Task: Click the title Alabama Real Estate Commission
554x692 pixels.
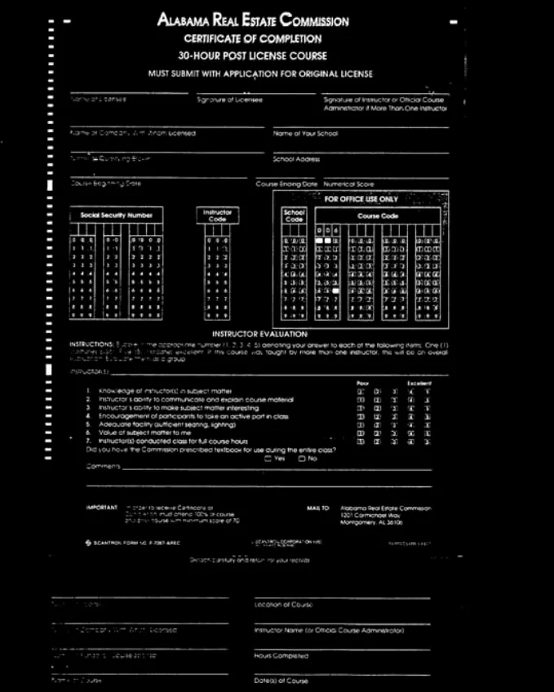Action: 253,20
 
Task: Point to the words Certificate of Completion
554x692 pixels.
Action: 253,38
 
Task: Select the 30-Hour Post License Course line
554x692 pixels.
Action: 253,55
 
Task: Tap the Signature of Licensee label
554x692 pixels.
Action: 229,100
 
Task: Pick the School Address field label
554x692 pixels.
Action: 296,159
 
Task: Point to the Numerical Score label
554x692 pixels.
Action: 348,184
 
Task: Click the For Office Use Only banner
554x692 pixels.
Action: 361,198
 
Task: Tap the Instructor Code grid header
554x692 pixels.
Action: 217,215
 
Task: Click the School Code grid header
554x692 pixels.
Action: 294,215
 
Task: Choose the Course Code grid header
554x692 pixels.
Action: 379,216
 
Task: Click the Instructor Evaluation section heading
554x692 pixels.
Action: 259,334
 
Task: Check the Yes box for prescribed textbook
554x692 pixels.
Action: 268,458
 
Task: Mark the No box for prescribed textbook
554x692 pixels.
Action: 301,458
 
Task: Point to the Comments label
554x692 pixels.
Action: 104,467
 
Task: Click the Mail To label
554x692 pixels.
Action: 318,508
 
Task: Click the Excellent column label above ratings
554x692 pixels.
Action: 420,383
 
